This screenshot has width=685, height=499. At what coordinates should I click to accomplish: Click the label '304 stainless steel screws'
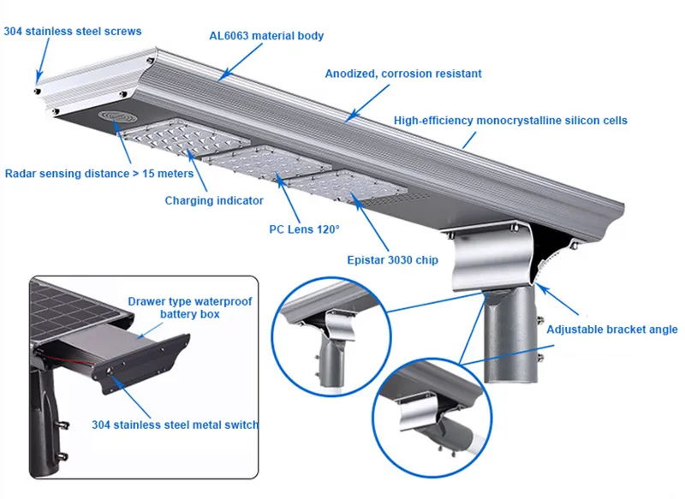click(x=73, y=32)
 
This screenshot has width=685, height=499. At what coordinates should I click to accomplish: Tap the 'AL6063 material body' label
click(x=266, y=36)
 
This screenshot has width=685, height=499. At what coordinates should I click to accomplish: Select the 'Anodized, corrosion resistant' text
click(x=403, y=74)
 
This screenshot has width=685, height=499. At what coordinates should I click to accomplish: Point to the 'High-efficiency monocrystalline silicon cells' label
click(x=510, y=121)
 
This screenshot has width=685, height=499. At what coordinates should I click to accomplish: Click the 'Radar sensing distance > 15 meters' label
click(x=99, y=174)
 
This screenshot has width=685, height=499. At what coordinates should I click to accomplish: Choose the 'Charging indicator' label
click(x=214, y=201)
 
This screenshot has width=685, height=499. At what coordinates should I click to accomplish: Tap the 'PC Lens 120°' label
click(x=304, y=229)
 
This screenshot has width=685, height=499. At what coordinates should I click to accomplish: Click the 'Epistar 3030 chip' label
click(x=392, y=260)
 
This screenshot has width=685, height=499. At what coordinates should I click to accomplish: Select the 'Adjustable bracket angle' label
click(x=612, y=330)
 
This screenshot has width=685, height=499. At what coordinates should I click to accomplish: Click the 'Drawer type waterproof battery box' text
click(x=190, y=308)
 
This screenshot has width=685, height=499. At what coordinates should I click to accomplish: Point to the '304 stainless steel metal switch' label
click(x=175, y=425)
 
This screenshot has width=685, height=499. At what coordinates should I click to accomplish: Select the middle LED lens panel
click(x=266, y=163)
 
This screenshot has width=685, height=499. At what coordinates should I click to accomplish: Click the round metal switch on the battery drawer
click(x=109, y=371)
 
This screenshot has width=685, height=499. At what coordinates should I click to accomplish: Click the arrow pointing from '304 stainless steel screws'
click(x=43, y=60)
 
